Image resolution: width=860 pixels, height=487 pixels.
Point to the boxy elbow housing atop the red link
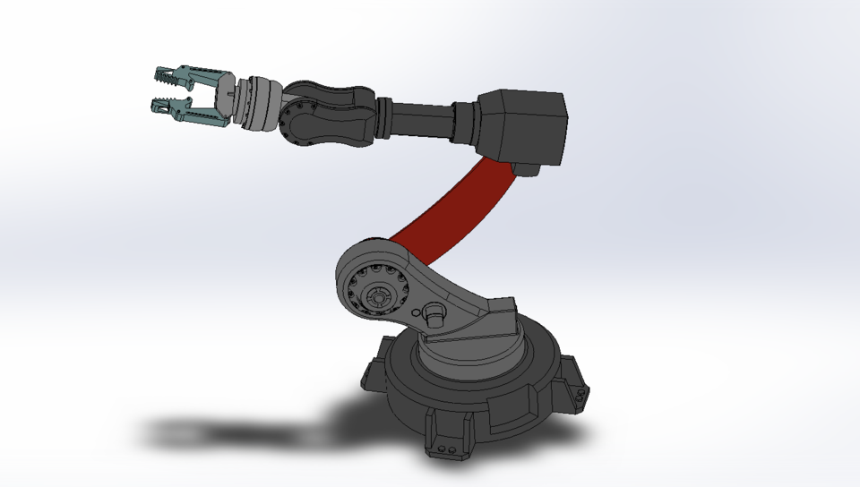(524, 125)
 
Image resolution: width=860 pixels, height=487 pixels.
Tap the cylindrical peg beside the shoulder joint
(434, 313)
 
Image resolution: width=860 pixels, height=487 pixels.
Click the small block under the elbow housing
(529, 169)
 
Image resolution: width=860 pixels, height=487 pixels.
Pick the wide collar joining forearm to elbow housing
(467, 123)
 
